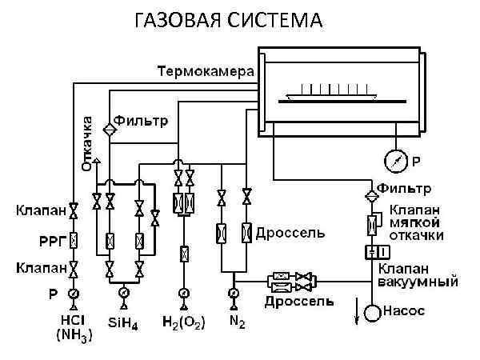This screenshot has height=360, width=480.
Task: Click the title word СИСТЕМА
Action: pos(277,19)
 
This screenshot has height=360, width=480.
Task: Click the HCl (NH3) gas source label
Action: pos(73,329)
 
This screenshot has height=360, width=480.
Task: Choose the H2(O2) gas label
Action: pos(183,322)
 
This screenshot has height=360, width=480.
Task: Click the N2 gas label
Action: pos(234,322)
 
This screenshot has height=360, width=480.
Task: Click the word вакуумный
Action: pos(419,282)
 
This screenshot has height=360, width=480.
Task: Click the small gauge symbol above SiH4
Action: pos(124,294)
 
